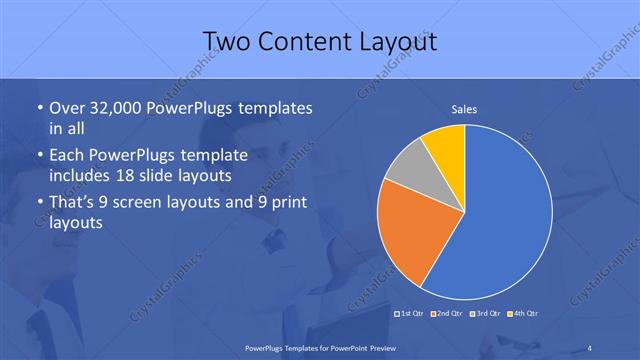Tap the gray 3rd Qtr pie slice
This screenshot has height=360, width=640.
coord(408,170)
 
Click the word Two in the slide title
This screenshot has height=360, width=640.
coord(228,41)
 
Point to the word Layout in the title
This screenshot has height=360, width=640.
coord(394,41)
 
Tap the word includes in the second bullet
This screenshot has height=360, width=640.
coord(83,175)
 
